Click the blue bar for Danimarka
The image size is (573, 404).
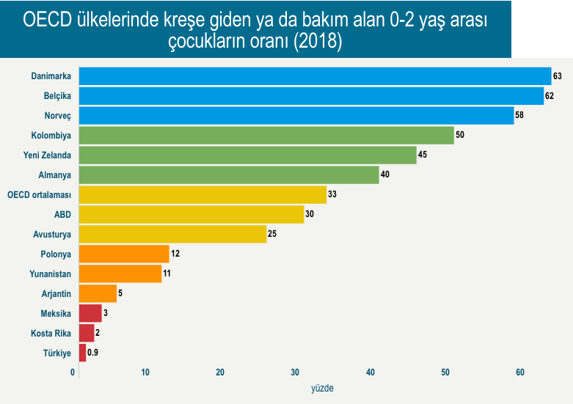(x=315, y=76)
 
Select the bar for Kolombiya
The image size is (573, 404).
(x=266, y=136)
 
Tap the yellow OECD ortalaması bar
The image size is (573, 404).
(x=202, y=194)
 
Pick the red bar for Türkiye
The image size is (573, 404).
(x=82, y=353)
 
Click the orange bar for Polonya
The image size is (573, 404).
(x=124, y=254)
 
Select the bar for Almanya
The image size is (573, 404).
(x=229, y=175)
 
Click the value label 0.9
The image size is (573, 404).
(x=93, y=353)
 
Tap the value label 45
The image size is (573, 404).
(x=423, y=155)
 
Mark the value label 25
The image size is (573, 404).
(x=273, y=235)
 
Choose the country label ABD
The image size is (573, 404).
(x=62, y=215)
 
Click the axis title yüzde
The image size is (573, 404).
(x=323, y=388)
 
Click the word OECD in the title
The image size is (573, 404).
(x=50, y=21)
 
